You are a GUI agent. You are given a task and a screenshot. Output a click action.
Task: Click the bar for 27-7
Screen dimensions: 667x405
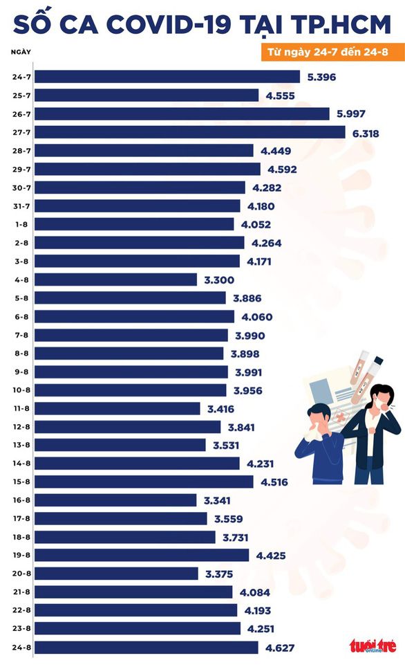point(189,132)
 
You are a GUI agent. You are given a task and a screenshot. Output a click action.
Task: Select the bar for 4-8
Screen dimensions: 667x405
point(115,280)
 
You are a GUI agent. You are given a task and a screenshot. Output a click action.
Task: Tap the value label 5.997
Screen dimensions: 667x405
point(350,113)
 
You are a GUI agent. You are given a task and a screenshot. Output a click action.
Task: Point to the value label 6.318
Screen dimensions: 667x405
point(366,132)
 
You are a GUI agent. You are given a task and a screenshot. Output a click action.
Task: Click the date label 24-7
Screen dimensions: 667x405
point(21,77)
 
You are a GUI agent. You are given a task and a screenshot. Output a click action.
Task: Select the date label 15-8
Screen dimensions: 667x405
point(21,482)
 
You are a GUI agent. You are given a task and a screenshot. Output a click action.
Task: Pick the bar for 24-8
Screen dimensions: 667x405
point(146,648)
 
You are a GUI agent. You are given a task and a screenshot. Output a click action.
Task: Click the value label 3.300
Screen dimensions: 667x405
point(220,280)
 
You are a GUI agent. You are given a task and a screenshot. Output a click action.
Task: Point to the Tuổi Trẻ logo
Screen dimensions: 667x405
point(374,646)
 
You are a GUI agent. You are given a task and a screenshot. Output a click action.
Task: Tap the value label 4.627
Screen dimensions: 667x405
point(281,648)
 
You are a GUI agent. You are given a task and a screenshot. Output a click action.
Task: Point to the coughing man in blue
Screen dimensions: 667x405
point(320,443)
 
